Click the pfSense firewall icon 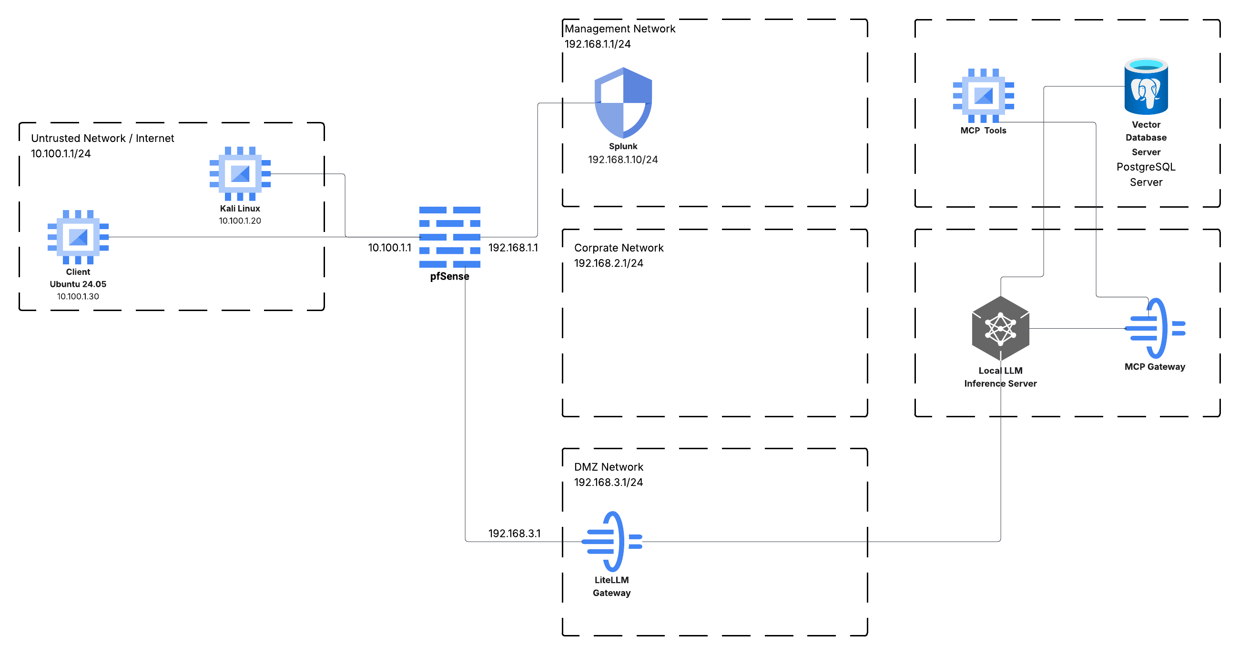coord(449,237)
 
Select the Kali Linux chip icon coord(240,173)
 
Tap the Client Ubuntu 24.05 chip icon coord(78,237)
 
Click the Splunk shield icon coord(623,102)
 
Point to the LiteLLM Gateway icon coord(612,541)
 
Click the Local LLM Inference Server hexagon coord(1000,329)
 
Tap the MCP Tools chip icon coord(983,95)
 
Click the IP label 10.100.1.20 coord(240,221)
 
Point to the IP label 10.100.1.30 coord(78,296)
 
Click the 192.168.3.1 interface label coord(514,534)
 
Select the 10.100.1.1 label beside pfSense coord(390,248)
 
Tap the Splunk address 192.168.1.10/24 coord(623,160)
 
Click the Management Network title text coord(619,29)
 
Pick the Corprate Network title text coord(619,248)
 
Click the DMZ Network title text coord(609,467)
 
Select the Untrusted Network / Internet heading coord(102,139)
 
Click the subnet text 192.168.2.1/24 coord(609,263)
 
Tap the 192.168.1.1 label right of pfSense coord(513,248)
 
